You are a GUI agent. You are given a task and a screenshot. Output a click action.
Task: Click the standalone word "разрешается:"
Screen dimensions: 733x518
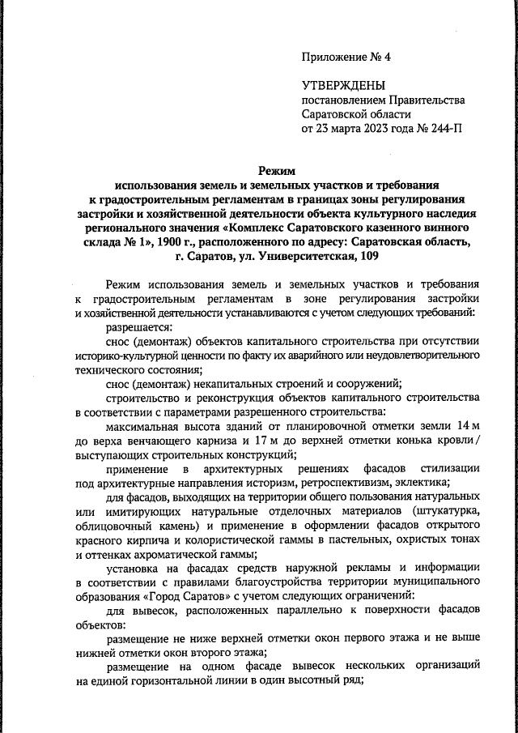click(x=139, y=328)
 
